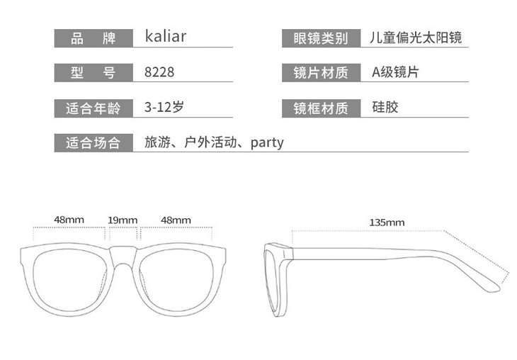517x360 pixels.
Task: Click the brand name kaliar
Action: click(165, 37)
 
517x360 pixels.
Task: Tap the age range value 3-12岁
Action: click(164, 108)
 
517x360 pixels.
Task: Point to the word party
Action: click(267, 142)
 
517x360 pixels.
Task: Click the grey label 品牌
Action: click(93, 38)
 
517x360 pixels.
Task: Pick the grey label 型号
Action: click(93, 72)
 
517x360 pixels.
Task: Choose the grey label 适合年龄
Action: click(93, 108)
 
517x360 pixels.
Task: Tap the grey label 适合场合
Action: click(93, 142)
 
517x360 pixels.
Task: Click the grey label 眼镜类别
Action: click(321, 38)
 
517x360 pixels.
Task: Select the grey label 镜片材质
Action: click(321, 72)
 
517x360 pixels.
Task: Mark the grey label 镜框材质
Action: click(321, 108)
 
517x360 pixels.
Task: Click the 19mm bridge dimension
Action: click(123, 220)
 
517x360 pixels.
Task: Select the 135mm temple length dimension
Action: click(387, 222)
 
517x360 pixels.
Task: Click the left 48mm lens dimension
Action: click(69, 220)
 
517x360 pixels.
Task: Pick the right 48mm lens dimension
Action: click(176, 220)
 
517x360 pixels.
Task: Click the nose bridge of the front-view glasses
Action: click(124, 254)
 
